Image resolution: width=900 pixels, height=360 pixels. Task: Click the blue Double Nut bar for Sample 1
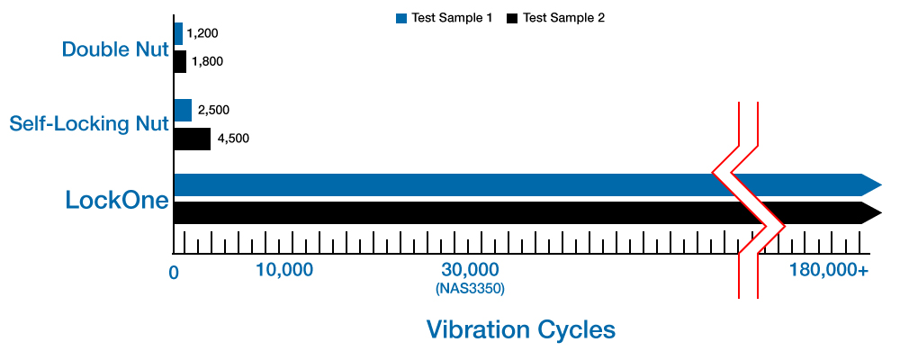click(x=178, y=34)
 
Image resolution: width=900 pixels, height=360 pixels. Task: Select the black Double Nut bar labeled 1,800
click(x=180, y=62)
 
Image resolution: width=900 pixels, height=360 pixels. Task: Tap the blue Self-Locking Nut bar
click(x=183, y=111)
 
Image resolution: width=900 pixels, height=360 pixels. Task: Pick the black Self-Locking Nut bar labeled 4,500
click(x=192, y=139)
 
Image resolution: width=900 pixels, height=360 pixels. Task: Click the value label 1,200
click(x=202, y=33)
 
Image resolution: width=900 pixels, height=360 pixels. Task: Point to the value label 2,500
click(x=213, y=110)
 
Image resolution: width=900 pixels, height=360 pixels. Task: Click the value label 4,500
click(x=233, y=139)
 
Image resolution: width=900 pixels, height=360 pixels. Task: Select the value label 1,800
click(x=206, y=62)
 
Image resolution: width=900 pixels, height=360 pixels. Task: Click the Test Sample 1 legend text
click(x=452, y=18)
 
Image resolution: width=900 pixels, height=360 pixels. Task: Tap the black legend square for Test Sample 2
click(x=513, y=18)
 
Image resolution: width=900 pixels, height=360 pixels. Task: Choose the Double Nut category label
click(x=115, y=49)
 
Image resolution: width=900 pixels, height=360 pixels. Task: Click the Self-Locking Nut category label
click(x=89, y=123)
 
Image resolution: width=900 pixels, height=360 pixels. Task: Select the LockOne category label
click(x=117, y=200)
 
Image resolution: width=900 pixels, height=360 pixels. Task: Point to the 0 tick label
click(x=174, y=271)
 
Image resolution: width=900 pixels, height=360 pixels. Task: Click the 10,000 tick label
click(x=283, y=270)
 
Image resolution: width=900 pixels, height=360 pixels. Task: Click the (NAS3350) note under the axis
click(x=469, y=289)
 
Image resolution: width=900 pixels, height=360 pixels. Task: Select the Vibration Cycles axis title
click(x=521, y=329)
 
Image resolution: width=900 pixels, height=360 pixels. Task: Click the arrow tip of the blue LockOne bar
click(x=874, y=184)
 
